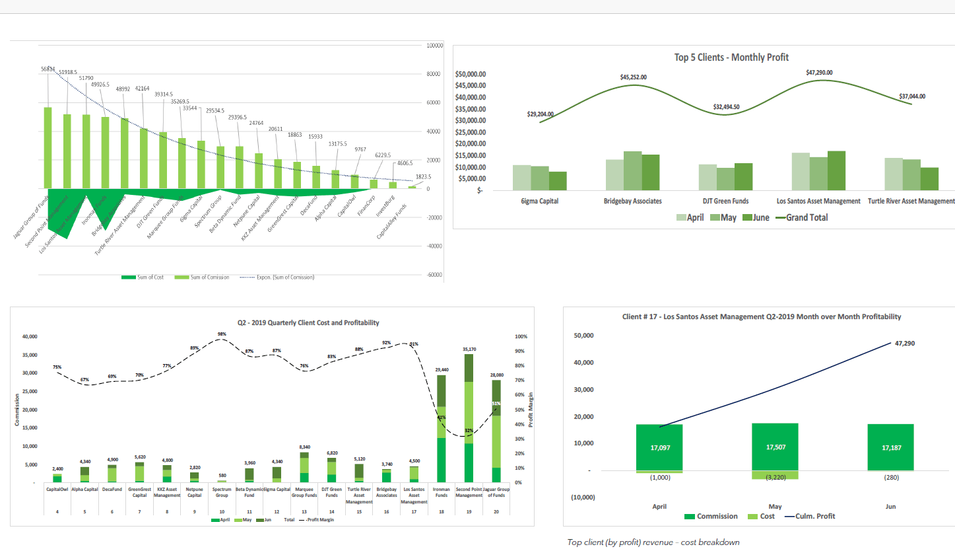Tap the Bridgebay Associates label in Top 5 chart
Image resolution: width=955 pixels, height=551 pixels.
[x=632, y=201]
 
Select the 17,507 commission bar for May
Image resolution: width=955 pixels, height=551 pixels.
[x=775, y=447]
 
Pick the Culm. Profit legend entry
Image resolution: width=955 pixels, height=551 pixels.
[x=808, y=516]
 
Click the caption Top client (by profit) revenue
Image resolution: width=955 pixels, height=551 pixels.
[x=653, y=542]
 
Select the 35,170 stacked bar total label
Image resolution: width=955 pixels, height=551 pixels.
[x=469, y=349]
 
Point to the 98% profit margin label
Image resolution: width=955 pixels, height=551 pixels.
[x=222, y=334]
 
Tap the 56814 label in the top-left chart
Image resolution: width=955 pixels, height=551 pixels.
[x=48, y=69]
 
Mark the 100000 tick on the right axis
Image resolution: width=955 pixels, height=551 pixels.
[x=434, y=46]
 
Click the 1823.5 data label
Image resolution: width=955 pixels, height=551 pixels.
[x=423, y=176]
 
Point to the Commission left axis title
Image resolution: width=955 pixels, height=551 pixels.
[x=17, y=410]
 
